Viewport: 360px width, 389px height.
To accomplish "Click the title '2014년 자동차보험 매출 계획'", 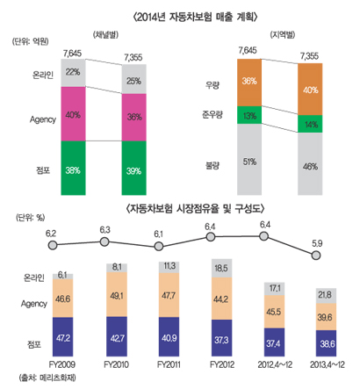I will click(x=180, y=12).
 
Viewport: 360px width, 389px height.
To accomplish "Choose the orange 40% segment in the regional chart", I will click(x=309, y=90).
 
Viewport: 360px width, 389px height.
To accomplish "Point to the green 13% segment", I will click(x=248, y=115).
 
